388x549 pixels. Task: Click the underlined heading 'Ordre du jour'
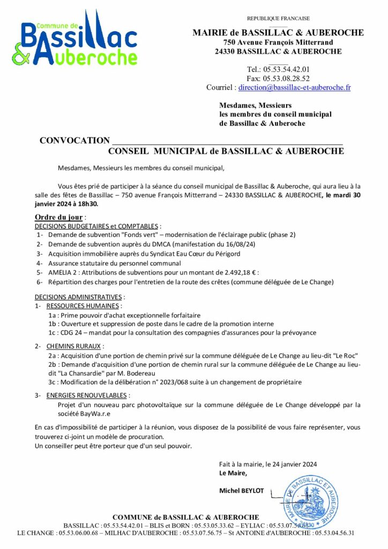[x=59, y=217]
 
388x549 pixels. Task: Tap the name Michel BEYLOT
[x=242, y=490]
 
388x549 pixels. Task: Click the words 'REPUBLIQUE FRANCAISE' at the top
[x=278, y=19]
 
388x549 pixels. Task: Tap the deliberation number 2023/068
[x=177, y=382]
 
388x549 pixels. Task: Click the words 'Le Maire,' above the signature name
[x=233, y=473]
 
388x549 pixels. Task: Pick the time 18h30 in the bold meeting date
[x=88, y=204]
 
